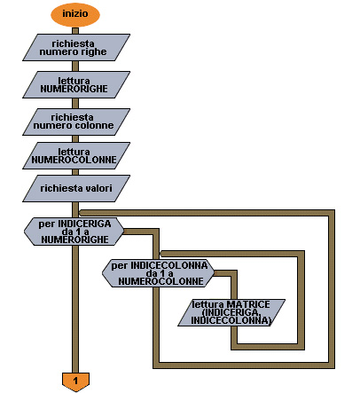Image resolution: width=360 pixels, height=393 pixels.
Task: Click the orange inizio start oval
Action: (75, 14)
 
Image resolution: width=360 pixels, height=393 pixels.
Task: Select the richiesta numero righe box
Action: (76, 48)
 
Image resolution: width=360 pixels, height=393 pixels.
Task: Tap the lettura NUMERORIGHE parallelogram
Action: (76, 85)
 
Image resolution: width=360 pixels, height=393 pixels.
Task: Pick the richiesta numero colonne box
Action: (76, 122)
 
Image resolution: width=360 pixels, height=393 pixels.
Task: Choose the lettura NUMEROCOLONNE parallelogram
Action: (76, 156)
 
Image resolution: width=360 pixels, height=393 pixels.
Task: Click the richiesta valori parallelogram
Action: (76, 189)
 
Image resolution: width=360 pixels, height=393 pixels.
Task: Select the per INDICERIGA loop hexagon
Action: (74, 232)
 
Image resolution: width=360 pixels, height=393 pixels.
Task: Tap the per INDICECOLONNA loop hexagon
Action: (159, 273)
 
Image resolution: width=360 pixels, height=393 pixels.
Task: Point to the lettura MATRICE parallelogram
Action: (231, 312)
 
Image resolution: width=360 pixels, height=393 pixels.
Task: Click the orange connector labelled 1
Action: (75, 381)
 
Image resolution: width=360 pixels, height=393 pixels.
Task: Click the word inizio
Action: (75, 13)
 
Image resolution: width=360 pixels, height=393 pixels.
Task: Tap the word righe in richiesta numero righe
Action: (94, 52)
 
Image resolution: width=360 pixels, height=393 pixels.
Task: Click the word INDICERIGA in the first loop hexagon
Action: (84, 224)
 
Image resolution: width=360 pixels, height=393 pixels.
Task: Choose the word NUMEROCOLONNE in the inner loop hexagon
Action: (161, 281)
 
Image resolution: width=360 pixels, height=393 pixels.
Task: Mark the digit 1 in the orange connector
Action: (75, 381)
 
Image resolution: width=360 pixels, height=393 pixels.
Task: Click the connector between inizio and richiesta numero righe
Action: (75, 30)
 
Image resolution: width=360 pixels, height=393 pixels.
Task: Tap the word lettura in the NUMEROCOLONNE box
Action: (74, 152)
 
